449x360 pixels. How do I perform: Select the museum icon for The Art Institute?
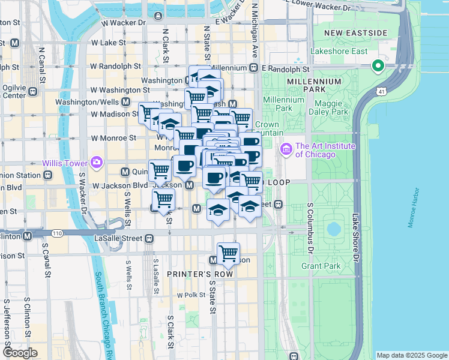pyautogui.click(x=286, y=148)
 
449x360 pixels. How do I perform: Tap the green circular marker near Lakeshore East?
pyautogui.click(x=378, y=66)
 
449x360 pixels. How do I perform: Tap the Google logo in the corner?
pyautogui.click(x=20, y=353)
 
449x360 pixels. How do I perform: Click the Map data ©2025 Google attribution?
pyautogui.click(x=411, y=355)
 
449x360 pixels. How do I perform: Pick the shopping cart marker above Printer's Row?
pyautogui.click(x=228, y=254)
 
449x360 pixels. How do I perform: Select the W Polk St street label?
pyautogui.click(x=191, y=295)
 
